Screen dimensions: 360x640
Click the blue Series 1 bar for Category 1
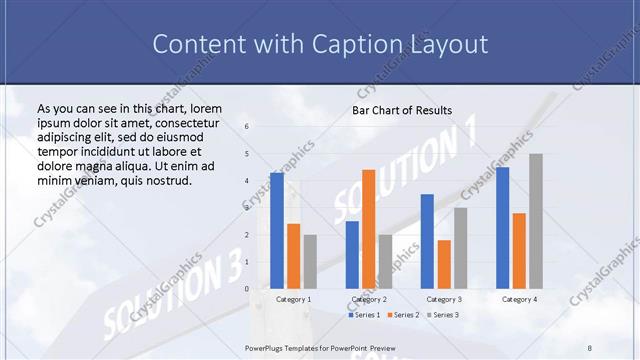click(277, 230)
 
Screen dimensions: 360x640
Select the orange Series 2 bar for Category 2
click(368, 228)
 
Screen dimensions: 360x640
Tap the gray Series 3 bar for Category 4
click(536, 221)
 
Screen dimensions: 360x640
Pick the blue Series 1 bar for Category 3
click(427, 241)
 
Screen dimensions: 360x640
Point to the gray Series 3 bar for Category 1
click(310, 261)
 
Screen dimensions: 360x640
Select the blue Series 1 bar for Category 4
click(502, 227)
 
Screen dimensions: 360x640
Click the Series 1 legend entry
click(366, 315)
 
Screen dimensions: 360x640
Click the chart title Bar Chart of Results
click(402, 110)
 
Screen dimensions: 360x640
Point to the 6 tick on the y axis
click(247, 127)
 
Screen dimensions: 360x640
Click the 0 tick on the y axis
click(247, 289)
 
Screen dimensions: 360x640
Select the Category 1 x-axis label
click(294, 299)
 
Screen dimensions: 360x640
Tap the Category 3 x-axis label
click(444, 299)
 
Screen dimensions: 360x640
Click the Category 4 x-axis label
click(519, 299)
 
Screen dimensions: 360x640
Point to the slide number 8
click(590, 347)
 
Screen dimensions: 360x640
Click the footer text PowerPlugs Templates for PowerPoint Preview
click(321, 347)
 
